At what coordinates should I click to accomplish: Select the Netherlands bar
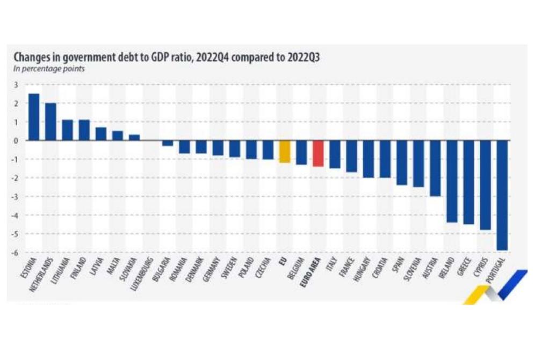tap(50, 122)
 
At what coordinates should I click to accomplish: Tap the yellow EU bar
tap(284, 152)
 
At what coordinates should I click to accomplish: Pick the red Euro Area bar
tap(318, 154)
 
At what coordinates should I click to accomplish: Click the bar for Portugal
tap(502, 195)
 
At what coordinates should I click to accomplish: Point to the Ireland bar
tap(452, 181)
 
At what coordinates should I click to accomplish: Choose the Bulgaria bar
tap(168, 143)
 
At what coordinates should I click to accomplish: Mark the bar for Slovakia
tap(134, 138)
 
